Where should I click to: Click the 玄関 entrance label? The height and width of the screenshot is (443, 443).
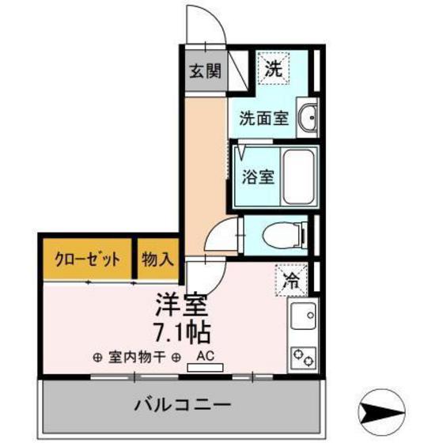tap(203, 71)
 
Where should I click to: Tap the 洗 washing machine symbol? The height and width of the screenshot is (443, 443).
tap(273, 69)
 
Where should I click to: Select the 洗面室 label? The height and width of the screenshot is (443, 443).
tap(263, 120)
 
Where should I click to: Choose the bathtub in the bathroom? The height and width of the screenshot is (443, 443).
tap(298, 176)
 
